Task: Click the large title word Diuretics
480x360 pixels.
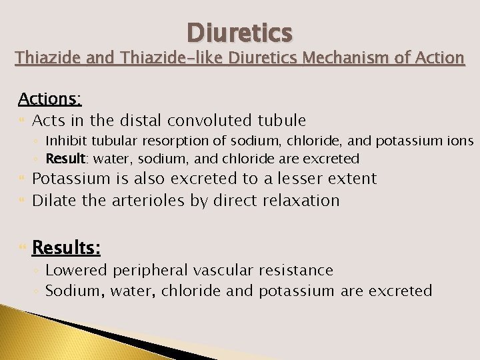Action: pos(239,31)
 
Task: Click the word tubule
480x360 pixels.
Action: pos(283,121)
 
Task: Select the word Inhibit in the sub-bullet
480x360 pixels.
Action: pos(65,141)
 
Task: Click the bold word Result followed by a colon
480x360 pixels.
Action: pos(65,159)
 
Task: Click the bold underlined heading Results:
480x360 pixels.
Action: pos(67,248)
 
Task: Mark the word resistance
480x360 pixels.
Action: pos(298,270)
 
